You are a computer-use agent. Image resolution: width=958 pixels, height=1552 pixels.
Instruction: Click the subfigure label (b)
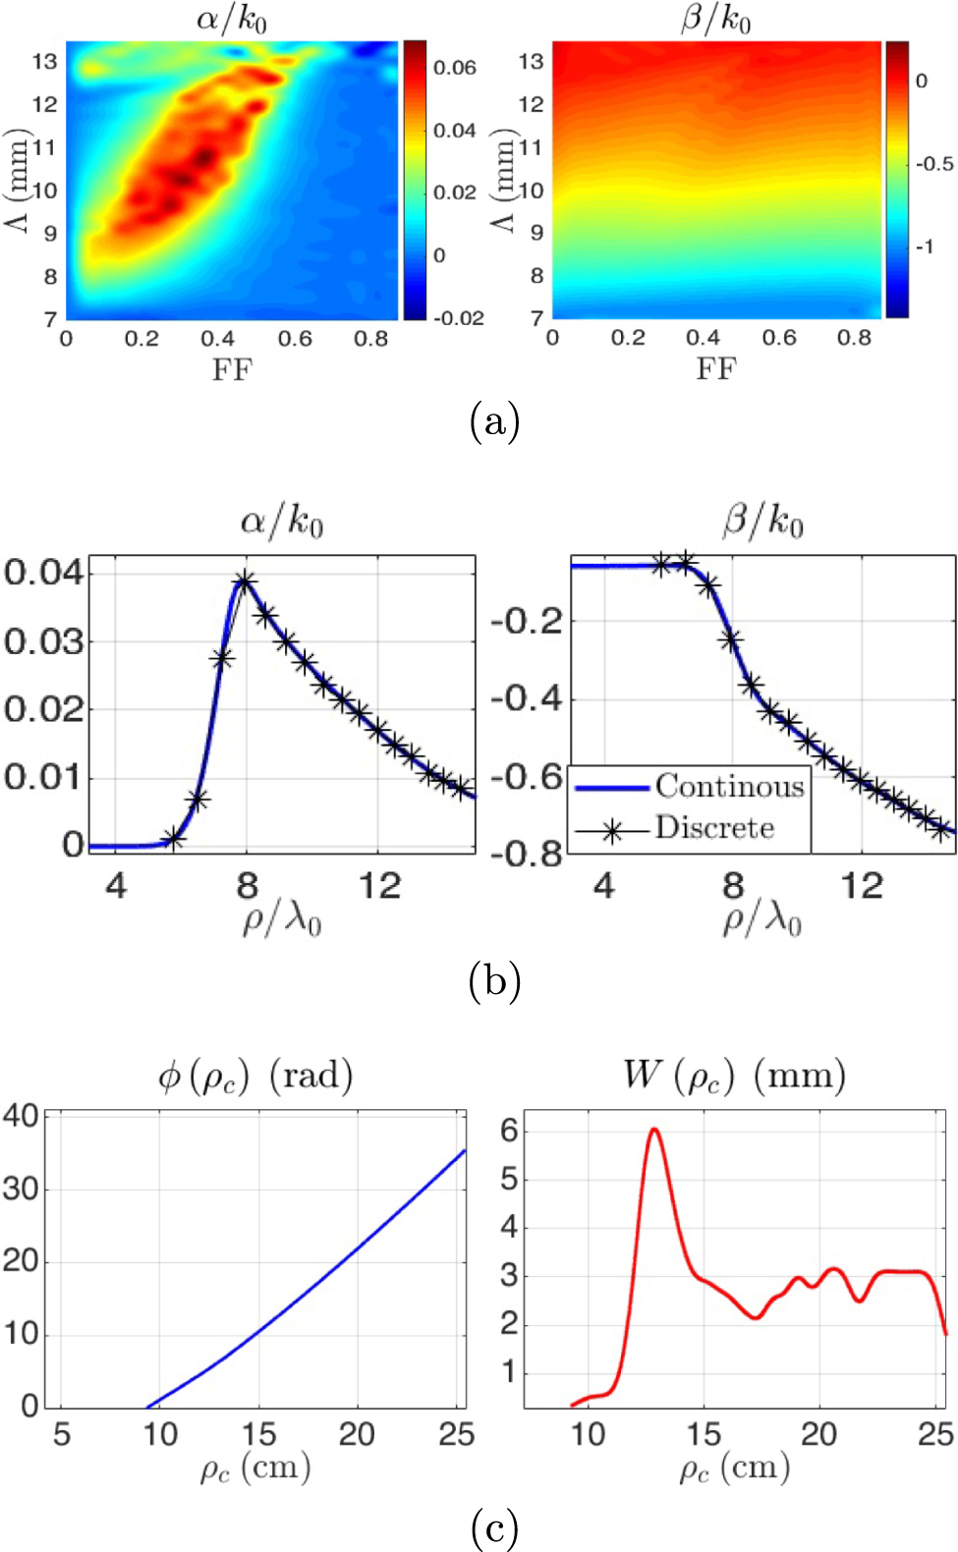pyautogui.click(x=494, y=980)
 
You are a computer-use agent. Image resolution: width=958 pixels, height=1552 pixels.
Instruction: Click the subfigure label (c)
pyautogui.click(x=494, y=1527)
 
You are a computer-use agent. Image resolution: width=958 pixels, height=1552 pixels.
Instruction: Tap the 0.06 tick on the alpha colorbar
pyautogui.click(x=455, y=68)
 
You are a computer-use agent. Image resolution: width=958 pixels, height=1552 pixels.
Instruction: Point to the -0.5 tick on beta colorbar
pyautogui.click(x=934, y=164)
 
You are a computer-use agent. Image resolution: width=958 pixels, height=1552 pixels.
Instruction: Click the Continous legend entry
pyautogui.click(x=729, y=786)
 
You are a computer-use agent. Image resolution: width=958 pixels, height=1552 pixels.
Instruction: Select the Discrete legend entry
pyautogui.click(x=714, y=828)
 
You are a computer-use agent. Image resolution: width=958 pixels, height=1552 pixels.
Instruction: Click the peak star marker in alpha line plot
pyautogui.click(x=245, y=582)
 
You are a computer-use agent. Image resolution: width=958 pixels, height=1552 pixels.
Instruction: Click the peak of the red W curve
pyautogui.click(x=653, y=1130)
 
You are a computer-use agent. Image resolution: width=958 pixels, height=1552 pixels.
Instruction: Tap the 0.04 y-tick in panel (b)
pyautogui.click(x=44, y=572)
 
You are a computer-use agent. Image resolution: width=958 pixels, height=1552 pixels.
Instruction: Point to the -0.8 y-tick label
pyautogui.click(x=528, y=854)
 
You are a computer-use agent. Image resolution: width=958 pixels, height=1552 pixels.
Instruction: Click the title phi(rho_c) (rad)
pyautogui.click(x=255, y=1076)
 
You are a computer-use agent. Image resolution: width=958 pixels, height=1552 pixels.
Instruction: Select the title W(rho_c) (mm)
pyautogui.click(x=734, y=1075)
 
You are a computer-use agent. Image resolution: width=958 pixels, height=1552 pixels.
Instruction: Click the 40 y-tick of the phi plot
pyautogui.click(x=21, y=1115)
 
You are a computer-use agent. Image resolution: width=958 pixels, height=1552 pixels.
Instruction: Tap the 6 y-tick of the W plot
pyautogui.click(x=509, y=1131)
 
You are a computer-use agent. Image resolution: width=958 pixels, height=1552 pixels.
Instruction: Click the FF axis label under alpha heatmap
pyautogui.click(x=233, y=370)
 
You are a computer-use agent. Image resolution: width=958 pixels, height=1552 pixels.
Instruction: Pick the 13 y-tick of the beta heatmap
pyautogui.click(x=531, y=61)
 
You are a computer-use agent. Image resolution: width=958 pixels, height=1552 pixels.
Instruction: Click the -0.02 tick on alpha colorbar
pyautogui.click(x=458, y=317)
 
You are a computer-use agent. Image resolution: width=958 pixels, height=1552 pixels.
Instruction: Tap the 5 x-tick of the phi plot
pyautogui.click(x=62, y=1434)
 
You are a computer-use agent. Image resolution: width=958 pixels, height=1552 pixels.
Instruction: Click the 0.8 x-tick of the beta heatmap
pyautogui.click(x=854, y=338)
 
